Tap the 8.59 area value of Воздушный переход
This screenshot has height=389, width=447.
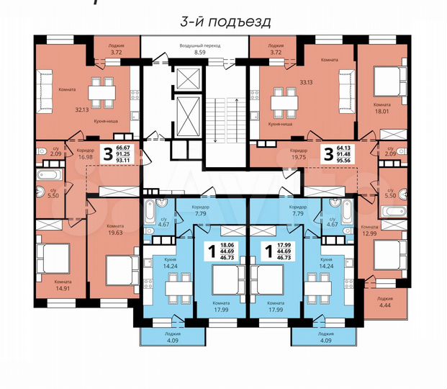189,53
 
